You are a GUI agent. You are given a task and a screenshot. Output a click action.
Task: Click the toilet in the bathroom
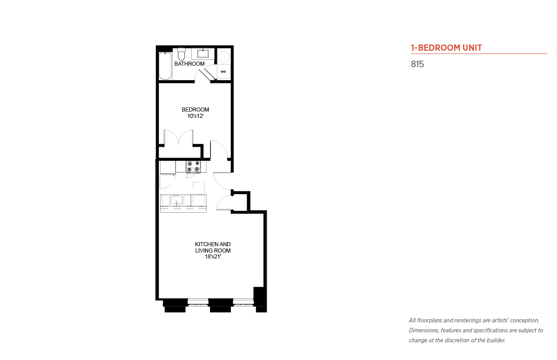pos(181,54)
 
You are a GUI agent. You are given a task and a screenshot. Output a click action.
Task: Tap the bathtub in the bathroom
pos(166,66)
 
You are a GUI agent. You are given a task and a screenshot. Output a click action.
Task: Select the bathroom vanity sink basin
pos(203,54)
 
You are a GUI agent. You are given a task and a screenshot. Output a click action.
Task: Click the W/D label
pos(223,72)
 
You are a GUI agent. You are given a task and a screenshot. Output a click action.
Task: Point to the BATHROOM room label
pos(190,64)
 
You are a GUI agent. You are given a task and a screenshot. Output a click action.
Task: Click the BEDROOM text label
pos(195,110)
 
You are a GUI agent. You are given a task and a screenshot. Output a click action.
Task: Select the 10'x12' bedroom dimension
pos(195,116)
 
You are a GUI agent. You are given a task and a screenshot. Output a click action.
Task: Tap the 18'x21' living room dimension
pos(213,257)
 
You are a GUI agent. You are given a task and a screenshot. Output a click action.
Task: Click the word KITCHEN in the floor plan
pos(205,244)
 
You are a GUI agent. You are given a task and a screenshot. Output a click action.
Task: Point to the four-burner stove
pos(194,167)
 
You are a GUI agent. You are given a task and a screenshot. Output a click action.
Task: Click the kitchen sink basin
pos(176,200)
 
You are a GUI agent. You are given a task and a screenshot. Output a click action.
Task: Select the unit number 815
pos(417,64)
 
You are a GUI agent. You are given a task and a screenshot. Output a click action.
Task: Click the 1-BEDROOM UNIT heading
pos(446,48)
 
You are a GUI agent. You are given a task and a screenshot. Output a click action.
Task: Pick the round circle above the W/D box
pos(224,57)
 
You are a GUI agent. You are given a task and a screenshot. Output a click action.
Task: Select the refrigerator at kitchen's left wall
pos(167,168)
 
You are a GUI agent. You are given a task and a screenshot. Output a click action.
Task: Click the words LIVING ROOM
pos(213,251)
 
